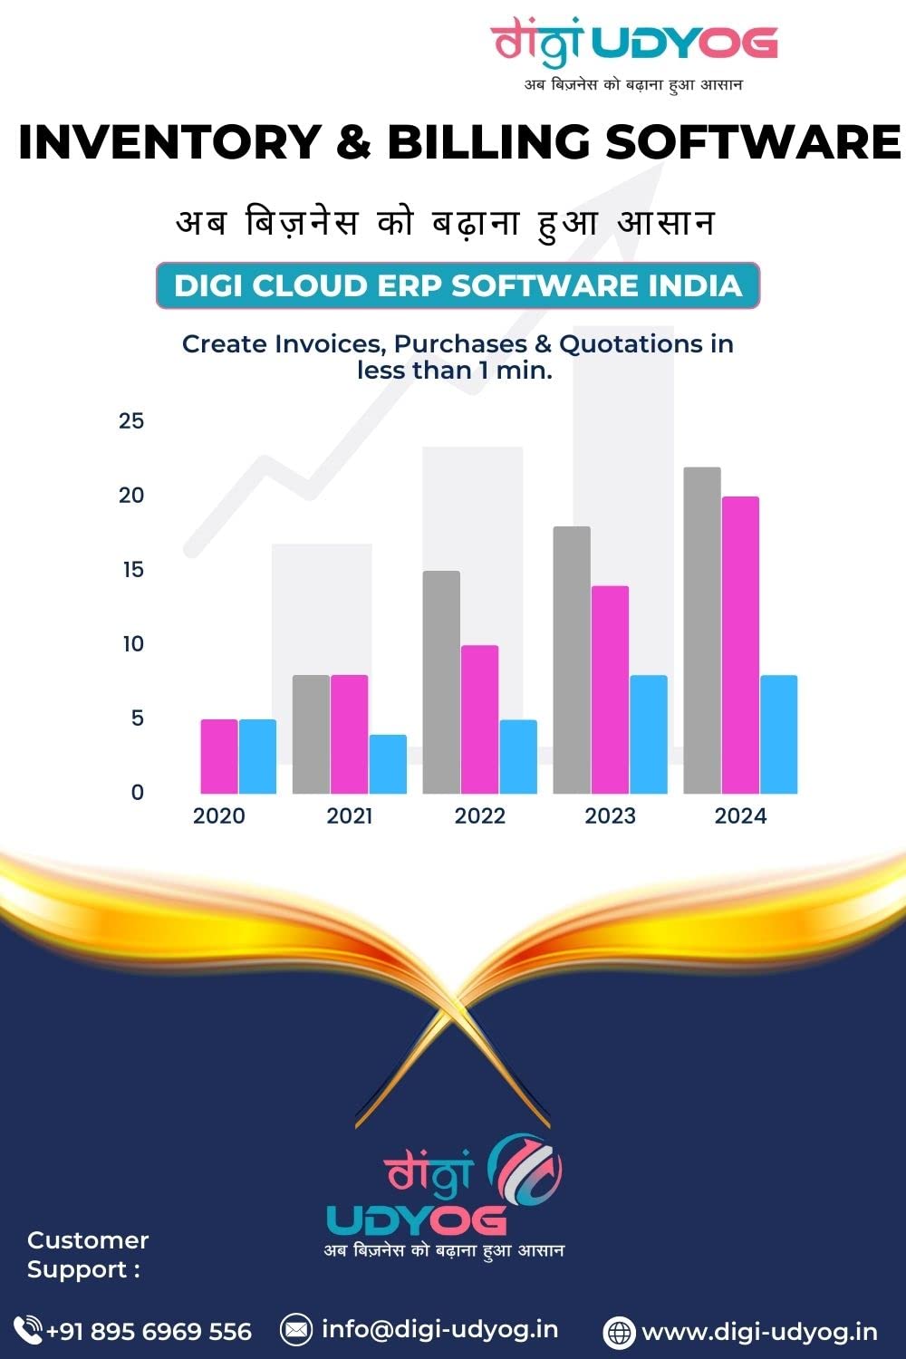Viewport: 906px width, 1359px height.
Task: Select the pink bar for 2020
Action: (219, 757)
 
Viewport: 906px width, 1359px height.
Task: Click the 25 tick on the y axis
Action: (131, 420)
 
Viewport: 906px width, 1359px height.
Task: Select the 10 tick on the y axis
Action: (132, 644)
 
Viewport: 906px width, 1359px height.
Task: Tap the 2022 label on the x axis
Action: (479, 816)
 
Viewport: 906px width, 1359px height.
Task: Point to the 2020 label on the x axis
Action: (219, 816)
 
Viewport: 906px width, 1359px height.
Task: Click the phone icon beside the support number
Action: (28, 1330)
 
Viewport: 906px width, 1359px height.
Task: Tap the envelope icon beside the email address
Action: (295, 1329)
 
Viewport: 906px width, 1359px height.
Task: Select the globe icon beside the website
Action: (619, 1332)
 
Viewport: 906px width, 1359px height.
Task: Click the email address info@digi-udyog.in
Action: (439, 1329)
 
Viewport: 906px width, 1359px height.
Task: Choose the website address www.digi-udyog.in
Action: (759, 1332)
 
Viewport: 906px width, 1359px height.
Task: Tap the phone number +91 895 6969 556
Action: (149, 1331)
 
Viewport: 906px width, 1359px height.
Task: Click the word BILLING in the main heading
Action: (488, 142)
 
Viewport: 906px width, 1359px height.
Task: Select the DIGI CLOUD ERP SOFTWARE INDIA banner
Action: (458, 285)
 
